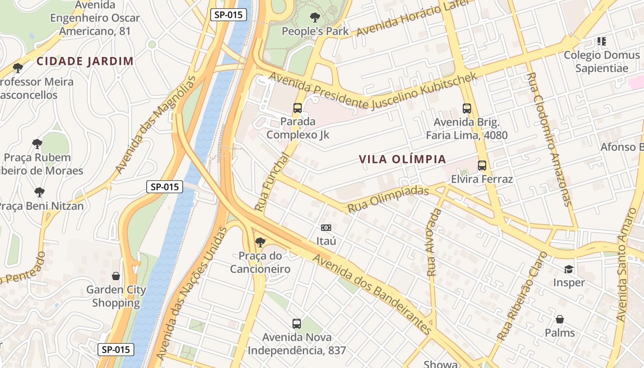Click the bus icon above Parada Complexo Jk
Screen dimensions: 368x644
(x=298, y=108)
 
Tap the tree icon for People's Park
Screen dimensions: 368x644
(x=315, y=18)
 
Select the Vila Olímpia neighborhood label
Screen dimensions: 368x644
(x=402, y=159)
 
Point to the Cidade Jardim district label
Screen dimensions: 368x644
(x=85, y=61)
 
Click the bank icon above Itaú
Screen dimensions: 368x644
(x=326, y=228)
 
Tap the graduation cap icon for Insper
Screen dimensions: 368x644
(x=569, y=269)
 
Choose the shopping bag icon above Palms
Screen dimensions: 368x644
(x=560, y=319)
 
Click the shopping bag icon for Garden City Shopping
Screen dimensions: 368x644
(x=116, y=276)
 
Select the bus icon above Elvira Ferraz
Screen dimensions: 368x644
(x=482, y=166)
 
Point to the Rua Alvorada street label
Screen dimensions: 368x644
(x=434, y=242)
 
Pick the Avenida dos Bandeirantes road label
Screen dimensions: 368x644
(x=373, y=293)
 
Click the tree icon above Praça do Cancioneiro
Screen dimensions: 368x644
(x=260, y=242)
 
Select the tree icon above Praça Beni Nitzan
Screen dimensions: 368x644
(x=40, y=192)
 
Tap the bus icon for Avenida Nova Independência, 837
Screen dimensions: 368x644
(x=297, y=324)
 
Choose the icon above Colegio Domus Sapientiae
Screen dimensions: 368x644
(x=601, y=41)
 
